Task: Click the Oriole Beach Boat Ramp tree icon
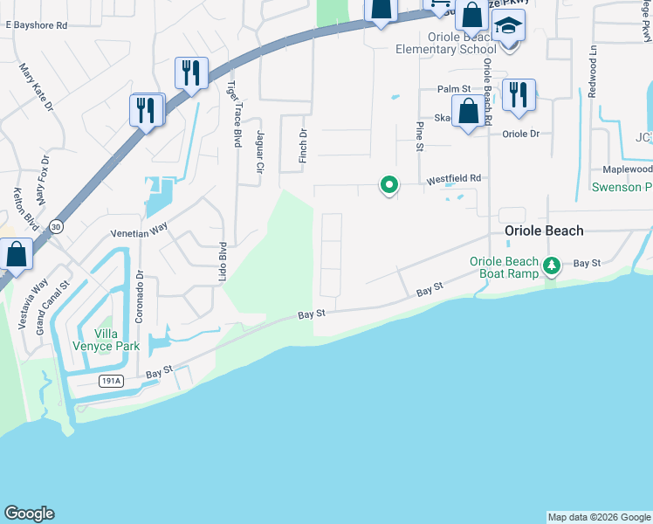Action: (x=551, y=265)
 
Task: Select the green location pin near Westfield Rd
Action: (x=388, y=184)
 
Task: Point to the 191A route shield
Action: (x=111, y=381)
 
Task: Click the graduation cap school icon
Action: (x=508, y=27)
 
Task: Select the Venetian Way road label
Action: (x=138, y=231)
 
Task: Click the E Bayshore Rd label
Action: (x=36, y=25)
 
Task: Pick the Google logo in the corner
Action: (x=29, y=514)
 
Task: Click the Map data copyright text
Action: (x=598, y=517)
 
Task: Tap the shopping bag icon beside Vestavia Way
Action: (x=17, y=255)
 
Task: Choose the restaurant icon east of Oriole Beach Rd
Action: (x=519, y=95)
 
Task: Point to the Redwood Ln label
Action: (x=593, y=79)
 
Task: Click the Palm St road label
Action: (x=454, y=89)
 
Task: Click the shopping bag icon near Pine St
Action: (x=469, y=113)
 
